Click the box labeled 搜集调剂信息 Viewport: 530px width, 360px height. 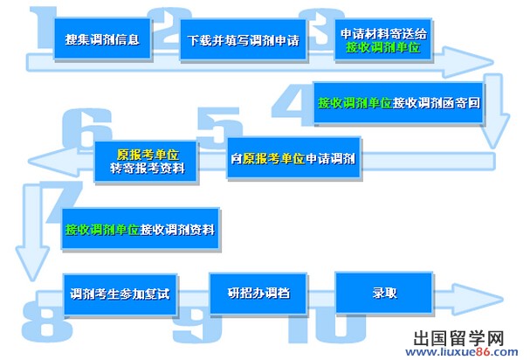click(x=102, y=39)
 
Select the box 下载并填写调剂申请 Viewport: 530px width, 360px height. click(x=243, y=40)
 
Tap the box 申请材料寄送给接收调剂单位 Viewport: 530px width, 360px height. click(x=383, y=39)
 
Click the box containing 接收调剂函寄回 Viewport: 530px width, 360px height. click(x=398, y=102)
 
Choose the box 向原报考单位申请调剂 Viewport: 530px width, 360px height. click(x=293, y=157)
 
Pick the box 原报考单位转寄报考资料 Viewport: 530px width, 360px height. click(x=146, y=162)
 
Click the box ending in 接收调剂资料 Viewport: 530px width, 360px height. click(x=141, y=229)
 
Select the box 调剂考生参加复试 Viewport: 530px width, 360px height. click(x=120, y=294)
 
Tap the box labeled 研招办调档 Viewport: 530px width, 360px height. click(x=258, y=293)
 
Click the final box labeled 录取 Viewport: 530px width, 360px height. click(x=384, y=293)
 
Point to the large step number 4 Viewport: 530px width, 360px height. click(x=293, y=101)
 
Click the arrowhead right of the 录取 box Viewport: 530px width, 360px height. click(x=477, y=299)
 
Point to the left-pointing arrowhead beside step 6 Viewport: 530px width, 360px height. click(x=54, y=162)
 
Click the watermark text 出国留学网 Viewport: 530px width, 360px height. click(x=458, y=337)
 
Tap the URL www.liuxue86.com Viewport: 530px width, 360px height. click(x=462, y=352)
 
